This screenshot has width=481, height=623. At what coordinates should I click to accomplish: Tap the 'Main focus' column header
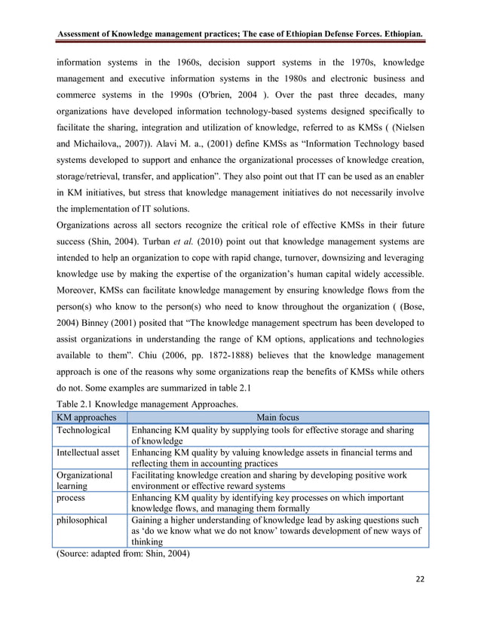[277, 417]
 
